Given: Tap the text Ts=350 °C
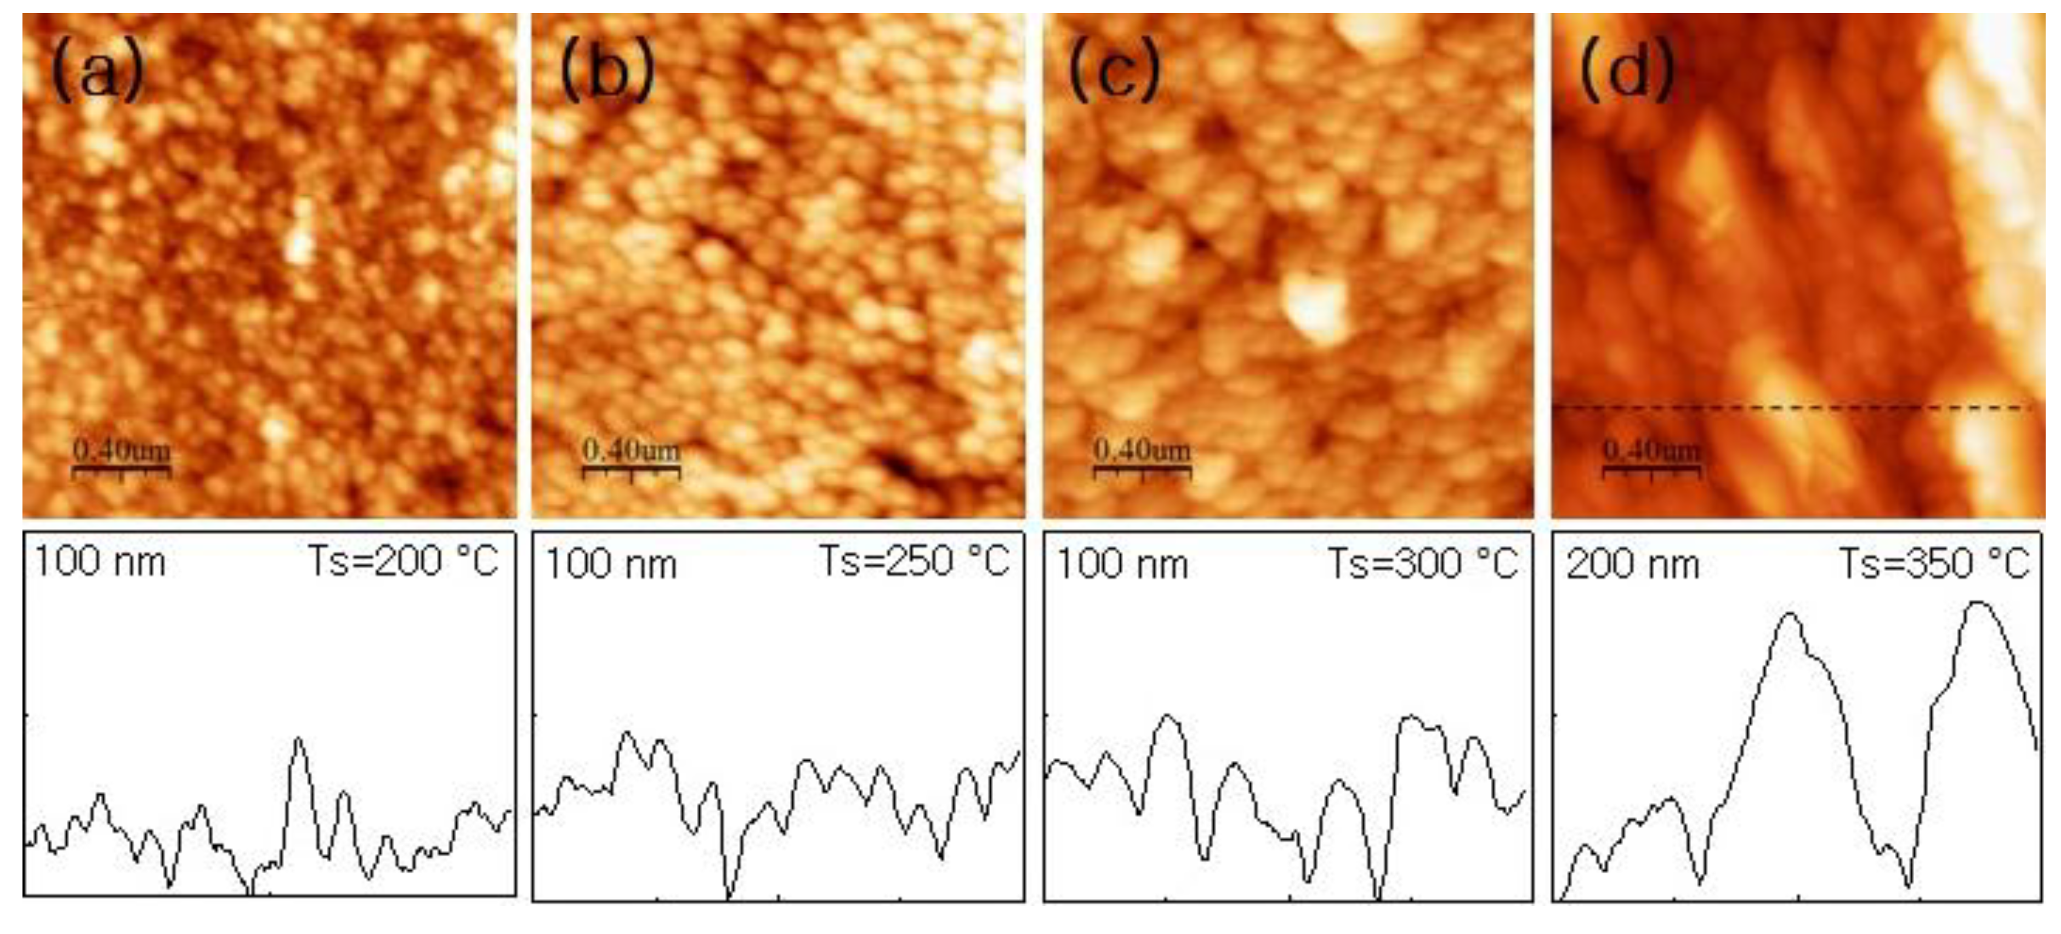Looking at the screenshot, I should (1933, 563).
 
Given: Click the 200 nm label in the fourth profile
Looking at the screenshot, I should (1633, 565).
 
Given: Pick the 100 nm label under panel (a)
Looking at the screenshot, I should (100, 562).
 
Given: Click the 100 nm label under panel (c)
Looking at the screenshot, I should (1122, 565).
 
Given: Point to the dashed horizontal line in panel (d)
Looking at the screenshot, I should (1792, 408).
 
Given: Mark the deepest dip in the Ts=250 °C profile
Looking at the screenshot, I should (729, 896).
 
